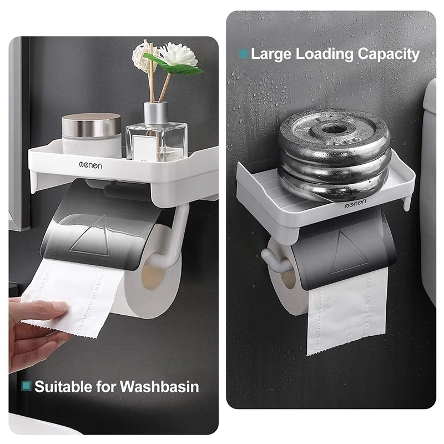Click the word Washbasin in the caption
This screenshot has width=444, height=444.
[159, 387]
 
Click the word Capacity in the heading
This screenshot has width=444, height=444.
[389, 54]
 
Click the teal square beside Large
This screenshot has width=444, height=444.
[244, 54]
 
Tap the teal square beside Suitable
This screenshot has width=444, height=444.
[26, 386]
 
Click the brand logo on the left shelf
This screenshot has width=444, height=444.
[90, 165]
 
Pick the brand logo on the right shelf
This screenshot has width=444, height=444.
[355, 203]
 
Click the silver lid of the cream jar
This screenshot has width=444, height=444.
[92, 125]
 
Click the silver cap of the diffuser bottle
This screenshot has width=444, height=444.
[156, 114]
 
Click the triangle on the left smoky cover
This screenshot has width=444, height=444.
[91, 238]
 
